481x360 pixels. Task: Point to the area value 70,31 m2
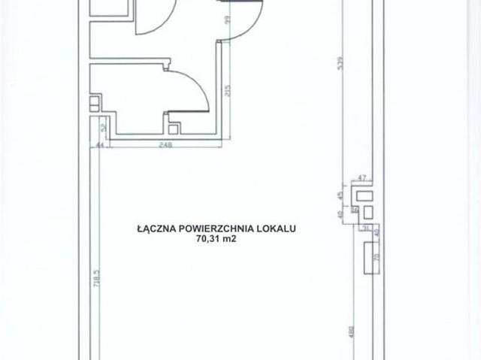pyautogui.click(x=215, y=241)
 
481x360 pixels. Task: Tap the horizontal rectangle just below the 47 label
pyautogui.click(x=366, y=195)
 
